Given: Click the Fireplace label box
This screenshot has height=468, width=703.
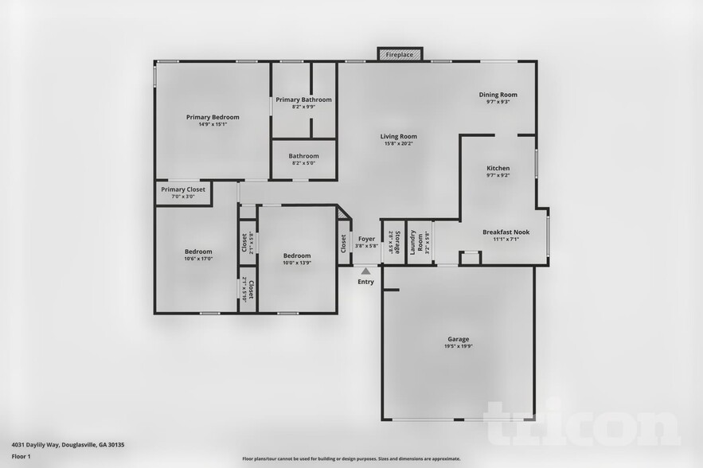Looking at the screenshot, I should click(400, 55).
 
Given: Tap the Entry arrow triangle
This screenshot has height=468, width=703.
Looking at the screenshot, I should click(365, 271).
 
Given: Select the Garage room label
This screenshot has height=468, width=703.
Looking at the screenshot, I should click(458, 338).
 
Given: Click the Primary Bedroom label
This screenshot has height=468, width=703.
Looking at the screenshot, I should click(213, 117).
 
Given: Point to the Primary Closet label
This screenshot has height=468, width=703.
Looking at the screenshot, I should click(183, 189).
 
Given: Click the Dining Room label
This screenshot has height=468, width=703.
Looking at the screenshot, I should click(498, 95).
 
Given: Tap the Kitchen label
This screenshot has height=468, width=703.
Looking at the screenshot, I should click(498, 168).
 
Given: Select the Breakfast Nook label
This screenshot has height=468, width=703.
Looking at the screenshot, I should click(506, 232).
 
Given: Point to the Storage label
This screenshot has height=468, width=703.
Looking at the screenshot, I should click(391, 242).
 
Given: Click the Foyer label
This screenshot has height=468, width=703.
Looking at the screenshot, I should click(366, 239).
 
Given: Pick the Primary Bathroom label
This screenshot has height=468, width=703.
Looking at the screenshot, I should click(303, 99).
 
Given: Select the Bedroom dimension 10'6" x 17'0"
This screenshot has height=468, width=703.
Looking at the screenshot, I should click(198, 259).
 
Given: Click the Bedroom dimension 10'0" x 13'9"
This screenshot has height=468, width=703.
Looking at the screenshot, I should click(298, 262).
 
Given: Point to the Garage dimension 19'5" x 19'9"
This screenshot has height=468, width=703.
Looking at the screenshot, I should click(458, 346).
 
